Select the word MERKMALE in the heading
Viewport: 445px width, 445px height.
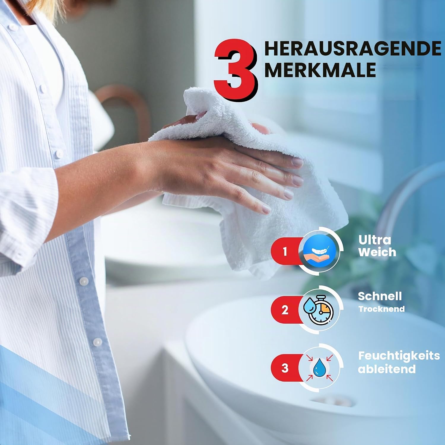320,70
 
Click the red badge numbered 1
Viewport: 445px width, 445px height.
285,251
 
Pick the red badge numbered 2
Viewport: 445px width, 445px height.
285,310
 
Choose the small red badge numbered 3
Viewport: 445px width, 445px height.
285,368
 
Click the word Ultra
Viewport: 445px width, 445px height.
374,240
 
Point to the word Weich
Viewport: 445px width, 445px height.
377,252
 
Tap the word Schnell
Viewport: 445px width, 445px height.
380,296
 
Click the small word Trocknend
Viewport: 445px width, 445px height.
381,309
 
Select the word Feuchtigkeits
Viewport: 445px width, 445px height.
399,356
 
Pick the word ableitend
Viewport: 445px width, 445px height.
387,369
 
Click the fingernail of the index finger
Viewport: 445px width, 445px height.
297,162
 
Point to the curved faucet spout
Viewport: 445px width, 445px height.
406,190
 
